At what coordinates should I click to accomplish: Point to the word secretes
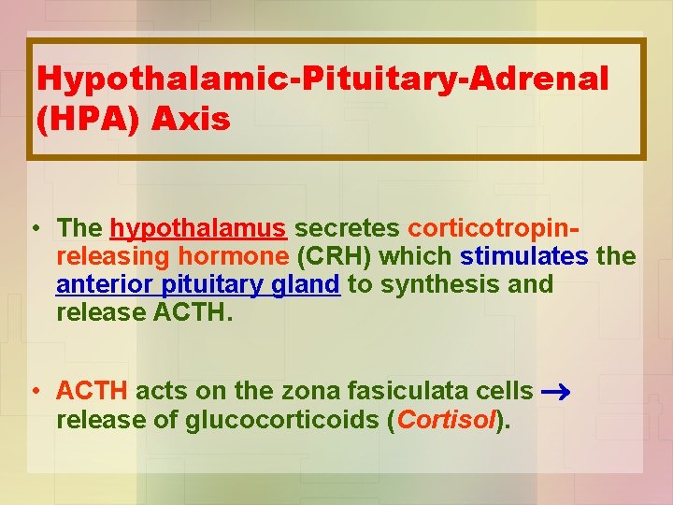[x=348, y=228]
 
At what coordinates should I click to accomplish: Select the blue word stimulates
[x=524, y=256]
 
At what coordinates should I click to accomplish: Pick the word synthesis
[x=439, y=284]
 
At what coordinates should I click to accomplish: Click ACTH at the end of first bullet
[x=191, y=312]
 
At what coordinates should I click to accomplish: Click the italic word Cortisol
[x=445, y=421]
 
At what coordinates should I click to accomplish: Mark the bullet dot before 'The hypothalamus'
[x=34, y=229]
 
